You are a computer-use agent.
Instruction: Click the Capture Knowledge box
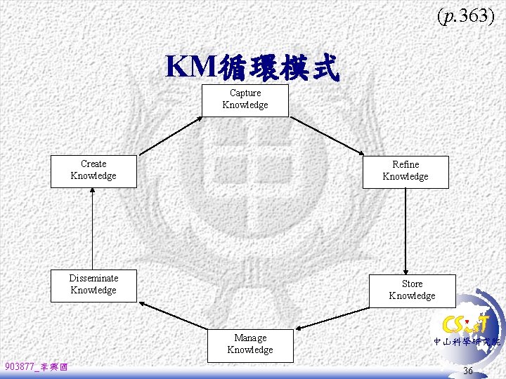point(245,101)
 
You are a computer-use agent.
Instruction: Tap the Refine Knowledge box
point(406,172)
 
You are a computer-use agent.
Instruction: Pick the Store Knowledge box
point(413,291)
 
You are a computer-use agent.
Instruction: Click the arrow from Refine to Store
point(406,232)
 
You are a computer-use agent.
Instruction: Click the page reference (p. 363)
point(465,17)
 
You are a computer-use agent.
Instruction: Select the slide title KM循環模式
point(252,67)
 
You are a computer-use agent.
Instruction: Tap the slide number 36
point(468,370)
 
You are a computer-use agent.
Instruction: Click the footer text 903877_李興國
point(36,367)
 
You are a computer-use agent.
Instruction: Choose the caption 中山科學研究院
point(467,343)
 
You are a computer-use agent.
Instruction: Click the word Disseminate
point(93,279)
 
